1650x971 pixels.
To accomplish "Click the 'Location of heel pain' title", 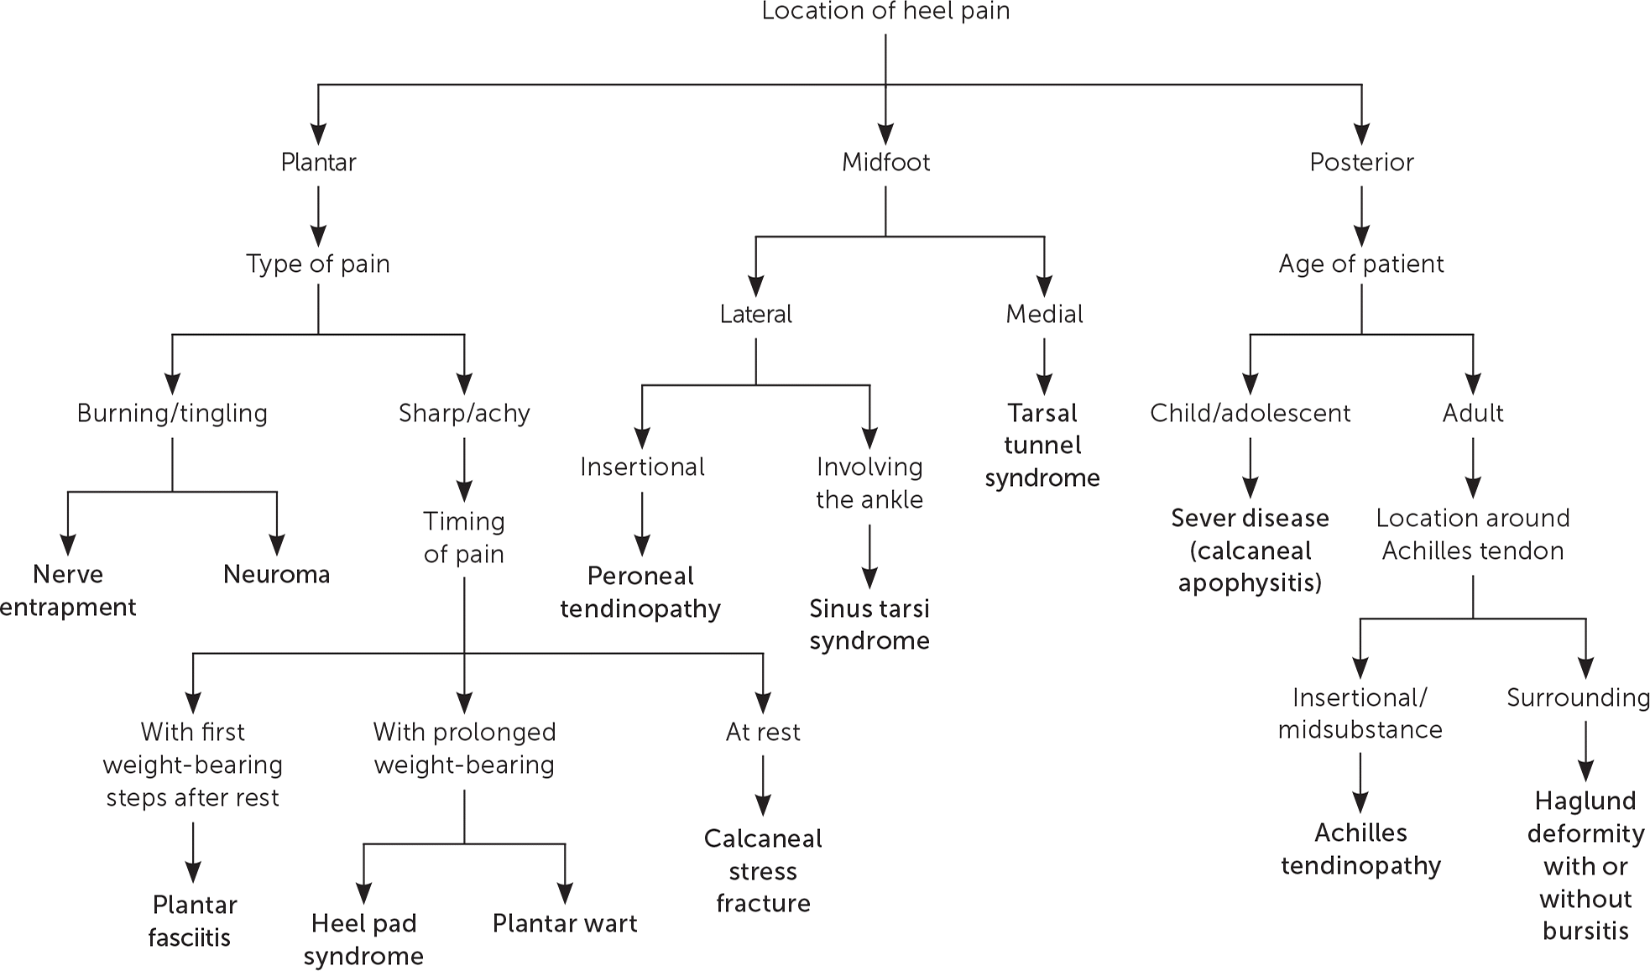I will tap(885, 12).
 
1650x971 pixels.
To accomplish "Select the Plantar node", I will tap(318, 162).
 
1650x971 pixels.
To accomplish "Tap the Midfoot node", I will tap(885, 162).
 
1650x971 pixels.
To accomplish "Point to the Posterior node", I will tap(1361, 162).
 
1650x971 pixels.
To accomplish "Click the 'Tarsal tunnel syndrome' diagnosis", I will tap(1042, 446).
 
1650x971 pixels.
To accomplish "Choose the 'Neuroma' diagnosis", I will tap(276, 575).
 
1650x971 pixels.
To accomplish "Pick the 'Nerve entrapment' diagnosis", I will tap(68, 591).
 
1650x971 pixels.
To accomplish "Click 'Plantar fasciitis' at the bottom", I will tap(193, 921).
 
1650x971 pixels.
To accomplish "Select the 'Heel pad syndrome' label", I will tap(363, 940).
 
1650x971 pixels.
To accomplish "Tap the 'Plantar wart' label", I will tap(565, 924).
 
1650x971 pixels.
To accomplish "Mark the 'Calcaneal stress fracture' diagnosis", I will tap(763, 871).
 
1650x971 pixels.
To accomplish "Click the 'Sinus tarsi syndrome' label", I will tap(869, 624).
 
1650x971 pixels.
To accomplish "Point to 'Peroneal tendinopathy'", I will tap(640, 593).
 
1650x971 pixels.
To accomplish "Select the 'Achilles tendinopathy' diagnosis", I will tap(1360, 849).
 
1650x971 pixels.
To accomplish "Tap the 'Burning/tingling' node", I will tap(172, 413).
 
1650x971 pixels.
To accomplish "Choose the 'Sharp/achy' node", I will tap(464, 413).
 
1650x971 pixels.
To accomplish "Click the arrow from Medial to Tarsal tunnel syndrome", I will tap(1044, 366).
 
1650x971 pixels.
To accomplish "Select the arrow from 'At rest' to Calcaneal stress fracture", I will tap(763, 786).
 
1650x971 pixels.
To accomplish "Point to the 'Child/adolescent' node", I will tap(1250, 413).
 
